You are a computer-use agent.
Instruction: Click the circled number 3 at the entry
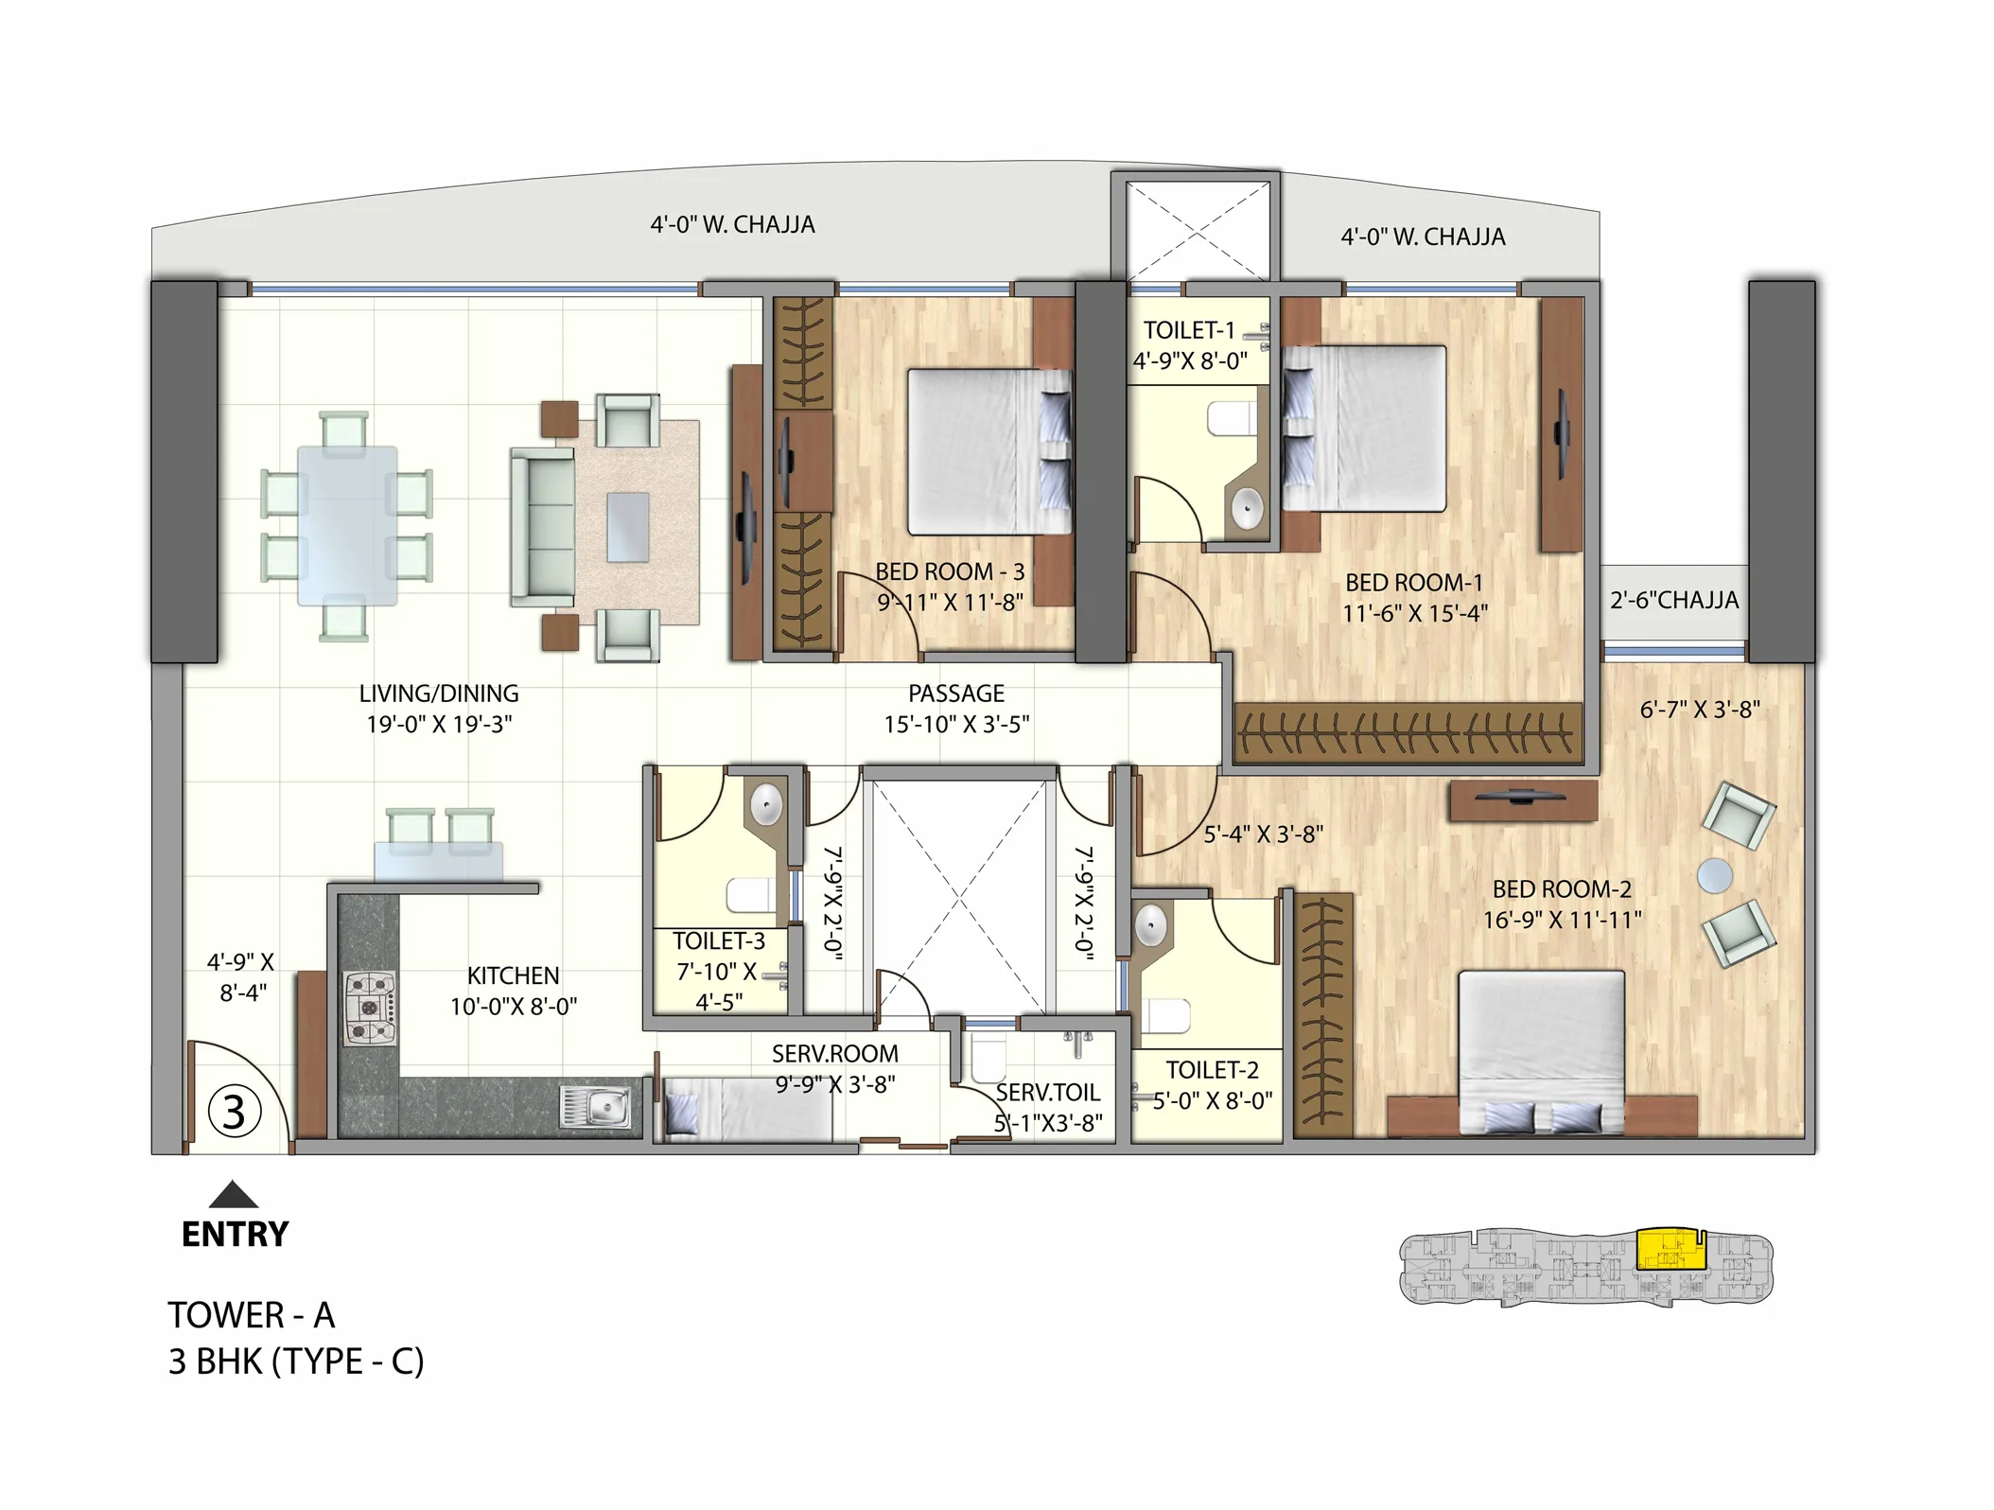pyautogui.click(x=234, y=1113)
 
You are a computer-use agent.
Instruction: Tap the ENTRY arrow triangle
pyautogui.click(x=233, y=1196)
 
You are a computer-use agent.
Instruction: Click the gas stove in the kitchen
pyautogui.click(x=369, y=1009)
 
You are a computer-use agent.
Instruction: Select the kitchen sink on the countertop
pyautogui.click(x=596, y=1107)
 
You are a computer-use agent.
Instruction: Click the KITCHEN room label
pyautogui.click(x=513, y=975)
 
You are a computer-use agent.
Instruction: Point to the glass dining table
pyautogui.click(x=347, y=525)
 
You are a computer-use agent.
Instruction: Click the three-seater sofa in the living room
pyautogui.click(x=543, y=527)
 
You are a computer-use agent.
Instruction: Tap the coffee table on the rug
pyautogui.click(x=628, y=527)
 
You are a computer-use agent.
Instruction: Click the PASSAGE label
pyautogui.click(x=956, y=694)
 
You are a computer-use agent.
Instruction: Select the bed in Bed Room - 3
pyautogui.click(x=988, y=452)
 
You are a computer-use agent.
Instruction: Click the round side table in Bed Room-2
pyautogui.click(x=1714, y=875)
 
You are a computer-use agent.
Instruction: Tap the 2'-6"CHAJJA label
pyautogui.click(x=1674, y=600)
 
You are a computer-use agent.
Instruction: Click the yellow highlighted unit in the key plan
pyautogui.click(x=1669, y=1249)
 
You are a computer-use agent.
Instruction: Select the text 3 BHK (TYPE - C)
pyautogui.click(x=296, y=1361)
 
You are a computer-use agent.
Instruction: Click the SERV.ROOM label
pyautogui.click(x=834, y=1053)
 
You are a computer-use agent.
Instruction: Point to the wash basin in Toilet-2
pyautogui.click(x=1150, y=925)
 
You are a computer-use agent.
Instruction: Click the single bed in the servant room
pyautogui.click(x=747, y=1109)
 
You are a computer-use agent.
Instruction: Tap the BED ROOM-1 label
pyautogui.click(x=1414, y=583)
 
